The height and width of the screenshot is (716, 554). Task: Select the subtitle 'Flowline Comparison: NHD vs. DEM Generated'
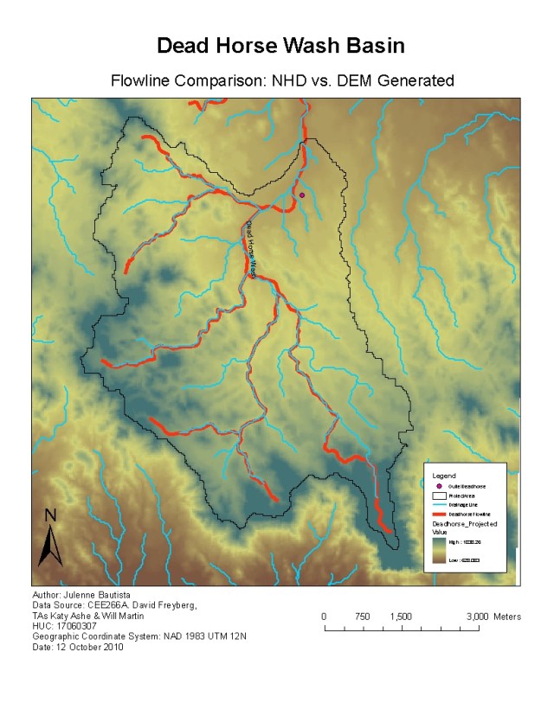pyautogui.click(x=282, y=81)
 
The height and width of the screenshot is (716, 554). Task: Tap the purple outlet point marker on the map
pyautogui.click(x=302, y=195)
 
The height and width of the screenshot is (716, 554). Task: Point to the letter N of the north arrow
pyautogui.click(x=50, y=515)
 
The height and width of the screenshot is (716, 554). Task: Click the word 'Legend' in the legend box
pyautogui.click(x=444, y=476)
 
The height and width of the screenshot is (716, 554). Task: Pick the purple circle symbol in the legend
pyautogui.click(x=440, y=487)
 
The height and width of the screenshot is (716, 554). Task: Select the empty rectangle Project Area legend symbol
pyautogui.click(x=440, y=496)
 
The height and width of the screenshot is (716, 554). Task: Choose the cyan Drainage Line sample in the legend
pyautogui.click(x=440, y=505)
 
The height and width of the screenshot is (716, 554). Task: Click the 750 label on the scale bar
pyautogui.click(x=363, y=617)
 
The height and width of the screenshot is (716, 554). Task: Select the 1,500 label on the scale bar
pyautogui.click(x=401, y=617)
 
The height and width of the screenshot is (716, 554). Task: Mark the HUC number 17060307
pyautogui.click(x=74, y=627)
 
